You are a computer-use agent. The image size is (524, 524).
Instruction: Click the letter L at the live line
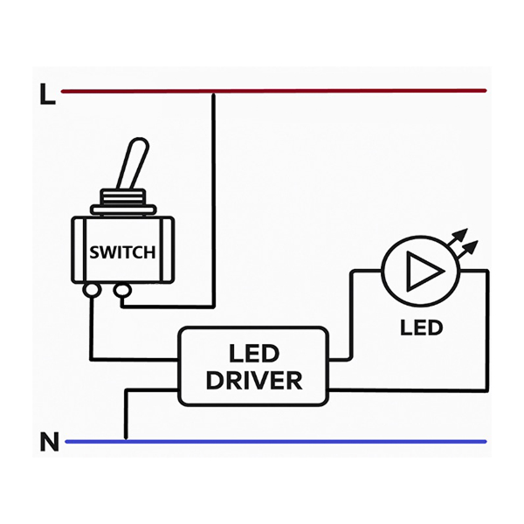[x=47, y=94]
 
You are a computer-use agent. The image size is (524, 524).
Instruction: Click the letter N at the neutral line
[x=50, y=442]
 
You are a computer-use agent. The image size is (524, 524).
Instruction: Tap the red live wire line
[x=273, y=91]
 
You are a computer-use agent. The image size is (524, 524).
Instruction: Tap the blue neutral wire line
[x=276, y=441]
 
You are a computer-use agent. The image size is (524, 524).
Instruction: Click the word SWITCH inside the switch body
[x=122, y=252]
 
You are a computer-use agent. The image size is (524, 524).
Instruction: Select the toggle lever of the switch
[x=132, y=164]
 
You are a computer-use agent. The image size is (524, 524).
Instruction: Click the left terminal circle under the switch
[x=91, y=289]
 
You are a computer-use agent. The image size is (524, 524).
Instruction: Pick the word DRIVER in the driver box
[x=254, y=380]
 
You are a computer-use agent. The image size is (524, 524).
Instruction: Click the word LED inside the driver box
[x=254, y=354]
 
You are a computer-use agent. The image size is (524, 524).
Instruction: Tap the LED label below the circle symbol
[x=422, y=327]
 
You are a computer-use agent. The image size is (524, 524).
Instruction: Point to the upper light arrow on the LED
[x=457, y=237]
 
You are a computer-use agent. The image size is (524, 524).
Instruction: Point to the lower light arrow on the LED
[x=467, y=249]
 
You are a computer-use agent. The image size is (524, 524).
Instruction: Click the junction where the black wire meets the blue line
[x=126, y=439]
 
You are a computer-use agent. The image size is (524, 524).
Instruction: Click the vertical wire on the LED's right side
[x=487, y=330]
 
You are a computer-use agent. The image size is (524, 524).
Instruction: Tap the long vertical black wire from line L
[x=213, y=200]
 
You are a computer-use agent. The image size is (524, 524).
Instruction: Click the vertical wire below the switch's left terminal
[x=91, y=328]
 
